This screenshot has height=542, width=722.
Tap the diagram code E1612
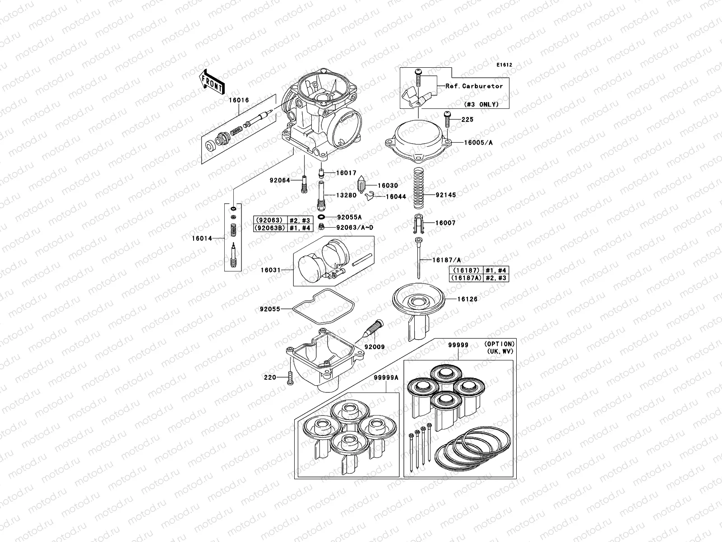pos(504,65)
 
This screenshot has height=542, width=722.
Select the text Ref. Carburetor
pos(474,86)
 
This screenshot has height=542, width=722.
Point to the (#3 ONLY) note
pos(481,104)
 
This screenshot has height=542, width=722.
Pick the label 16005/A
pos(478,143)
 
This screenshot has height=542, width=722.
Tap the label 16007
pos(445,223)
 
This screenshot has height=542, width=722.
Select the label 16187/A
pos(446,260)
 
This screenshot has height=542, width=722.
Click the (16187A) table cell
pos(466,278)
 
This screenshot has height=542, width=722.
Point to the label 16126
pos(467,299)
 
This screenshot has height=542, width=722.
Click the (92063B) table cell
pos(270,228)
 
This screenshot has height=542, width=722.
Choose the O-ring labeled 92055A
pos(322,217)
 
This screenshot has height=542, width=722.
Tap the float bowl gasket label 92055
pos(270,309)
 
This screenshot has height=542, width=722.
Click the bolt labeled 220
pos(289,378)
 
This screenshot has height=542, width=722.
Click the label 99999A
pos(385,378)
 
